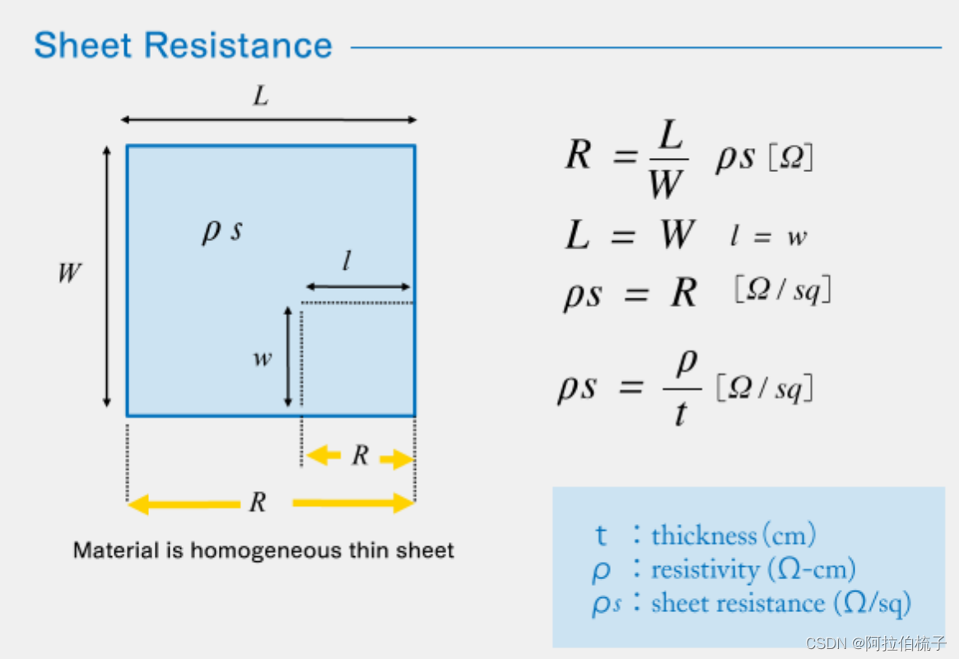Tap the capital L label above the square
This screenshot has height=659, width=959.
tap(261, 97)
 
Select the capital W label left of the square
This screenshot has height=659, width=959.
tap(70, 273)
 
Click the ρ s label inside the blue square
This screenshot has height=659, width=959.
tap(222, 230)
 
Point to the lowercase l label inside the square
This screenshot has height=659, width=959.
tap(347, 262)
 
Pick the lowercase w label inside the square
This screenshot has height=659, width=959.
tap(263, 359)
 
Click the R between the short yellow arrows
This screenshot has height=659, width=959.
tap(360, 455)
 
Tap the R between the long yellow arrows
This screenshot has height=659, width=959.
tap(258, 502)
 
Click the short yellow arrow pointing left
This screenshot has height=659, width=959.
tap(324, 455)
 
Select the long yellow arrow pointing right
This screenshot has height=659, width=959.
tap(352, 502)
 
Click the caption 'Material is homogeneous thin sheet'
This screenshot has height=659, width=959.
tap(263, 550)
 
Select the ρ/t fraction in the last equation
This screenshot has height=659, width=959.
tap(682, 389)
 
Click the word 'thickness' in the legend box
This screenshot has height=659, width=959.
tap(704, 536)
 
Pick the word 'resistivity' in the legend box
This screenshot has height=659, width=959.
tap(705, 569)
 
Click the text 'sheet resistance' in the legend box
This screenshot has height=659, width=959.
tap(738, 603)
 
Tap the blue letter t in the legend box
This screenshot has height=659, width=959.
tap(602, 536)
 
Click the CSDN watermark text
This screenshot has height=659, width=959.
tap(876, 643)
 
